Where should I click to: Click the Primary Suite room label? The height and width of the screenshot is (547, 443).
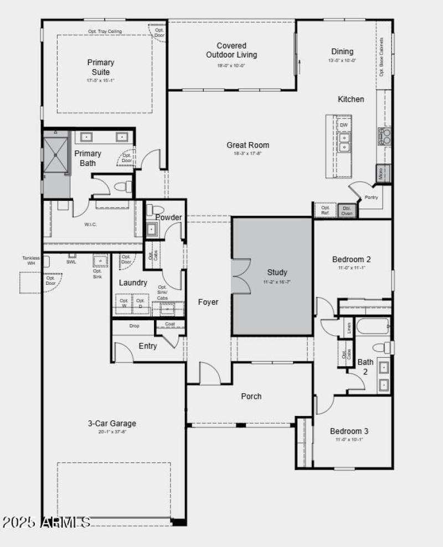click(101, 67)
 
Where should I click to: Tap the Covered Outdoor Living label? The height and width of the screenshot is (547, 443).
click(231, 50)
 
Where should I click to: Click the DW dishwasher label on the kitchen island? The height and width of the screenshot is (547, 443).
click(344, 126)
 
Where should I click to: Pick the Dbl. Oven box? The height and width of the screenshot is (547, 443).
click(347, 211)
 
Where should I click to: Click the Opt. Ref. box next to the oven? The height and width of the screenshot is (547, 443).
click(325, 211)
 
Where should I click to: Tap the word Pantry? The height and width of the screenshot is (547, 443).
click(370, 197)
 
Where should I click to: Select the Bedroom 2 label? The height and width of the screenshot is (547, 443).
click(352, 259)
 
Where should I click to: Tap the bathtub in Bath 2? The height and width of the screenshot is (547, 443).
click(373, 326)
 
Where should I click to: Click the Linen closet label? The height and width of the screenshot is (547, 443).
click(349, 327)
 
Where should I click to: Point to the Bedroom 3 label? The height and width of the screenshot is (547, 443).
click(349, 431)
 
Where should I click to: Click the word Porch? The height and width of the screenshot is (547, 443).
click(251, 396)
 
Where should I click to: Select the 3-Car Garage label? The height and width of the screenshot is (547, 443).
click(111, 424)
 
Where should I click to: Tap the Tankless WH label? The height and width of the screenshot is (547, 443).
click(31, 261)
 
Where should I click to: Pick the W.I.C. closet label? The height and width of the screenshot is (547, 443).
click(91, 225)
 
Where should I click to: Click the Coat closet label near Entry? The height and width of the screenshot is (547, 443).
click(170, 324)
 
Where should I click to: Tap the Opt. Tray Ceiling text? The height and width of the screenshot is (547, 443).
click(105, 32)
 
